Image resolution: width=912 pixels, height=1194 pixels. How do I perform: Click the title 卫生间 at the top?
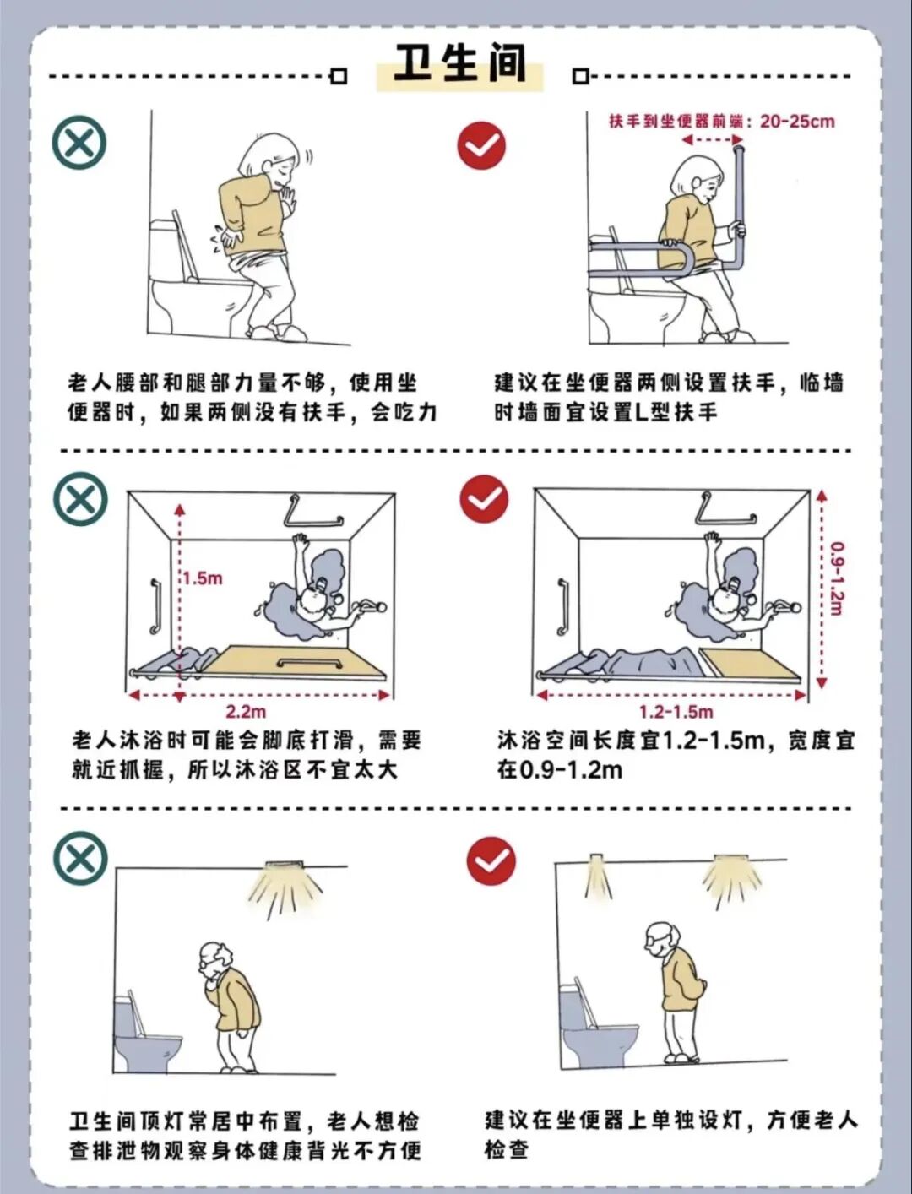pyautogui.click(x=459, y=63)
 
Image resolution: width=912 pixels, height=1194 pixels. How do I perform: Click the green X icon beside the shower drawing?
pyautogui.click(x=80, y=499)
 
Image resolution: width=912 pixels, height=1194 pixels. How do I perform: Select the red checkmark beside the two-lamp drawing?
pyautogui.click(x=491, y=861)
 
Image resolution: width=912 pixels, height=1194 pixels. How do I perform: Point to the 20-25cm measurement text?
pyautogui.click(x=797, y=121)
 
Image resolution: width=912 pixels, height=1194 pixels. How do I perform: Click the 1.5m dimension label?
pyautogui.click(x=203, y=578)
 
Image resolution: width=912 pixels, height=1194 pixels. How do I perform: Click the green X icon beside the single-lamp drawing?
pyautogui.click(x=80, y=859)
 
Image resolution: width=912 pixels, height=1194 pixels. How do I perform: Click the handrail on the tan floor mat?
pyautogui.click(x=309, y=663)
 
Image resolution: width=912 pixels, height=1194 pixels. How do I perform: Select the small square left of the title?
pyautogui.click(x=339, y=76)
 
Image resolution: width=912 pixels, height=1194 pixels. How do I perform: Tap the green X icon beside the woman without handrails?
pyautogui.click(x=79, y=143)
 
